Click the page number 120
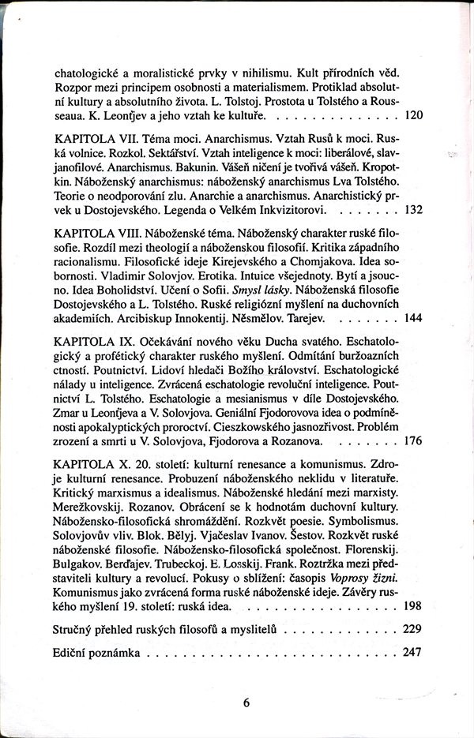point(414,115)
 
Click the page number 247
point(414,654)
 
